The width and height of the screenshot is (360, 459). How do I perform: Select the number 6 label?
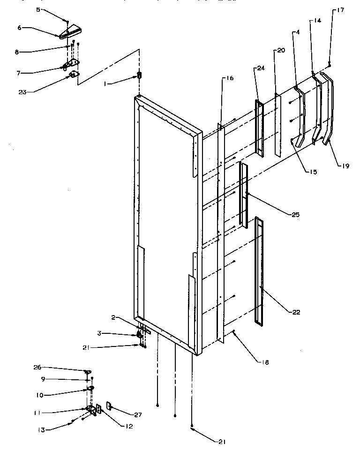(19, 28)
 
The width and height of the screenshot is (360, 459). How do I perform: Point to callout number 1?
(106, 83)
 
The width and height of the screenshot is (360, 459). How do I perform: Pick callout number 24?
(261, 68)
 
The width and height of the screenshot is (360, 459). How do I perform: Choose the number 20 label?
(281, 50)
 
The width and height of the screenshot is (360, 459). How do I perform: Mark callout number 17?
(340, 10)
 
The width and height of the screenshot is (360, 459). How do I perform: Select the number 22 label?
(295, 312)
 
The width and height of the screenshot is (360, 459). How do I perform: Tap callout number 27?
(137, 414)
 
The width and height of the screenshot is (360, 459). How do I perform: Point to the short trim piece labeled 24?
(259, 128)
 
